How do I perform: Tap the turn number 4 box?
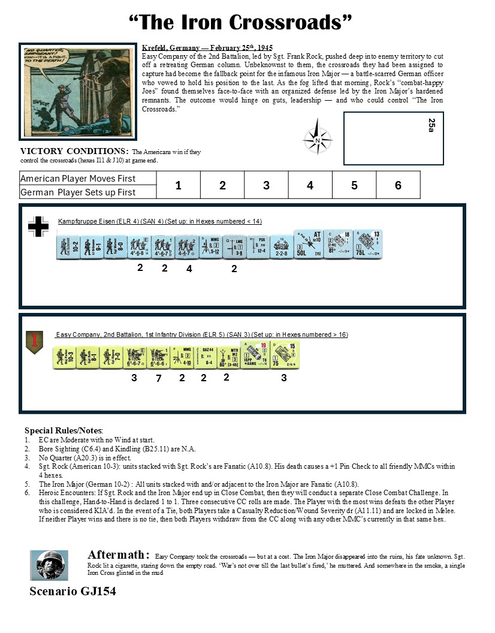[310, 185]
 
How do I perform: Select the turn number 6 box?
[398, 185]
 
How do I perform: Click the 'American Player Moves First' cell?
[78, 179]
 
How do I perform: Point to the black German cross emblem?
[39, 226]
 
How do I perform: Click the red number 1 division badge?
[34, 342]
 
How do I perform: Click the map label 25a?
[431, 125]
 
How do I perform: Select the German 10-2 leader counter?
[67, 246]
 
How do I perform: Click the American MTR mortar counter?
[228, 357]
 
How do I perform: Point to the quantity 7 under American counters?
[158, 378]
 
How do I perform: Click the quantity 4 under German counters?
[189, 269]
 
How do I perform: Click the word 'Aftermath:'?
[116, 554]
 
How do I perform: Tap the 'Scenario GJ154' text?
[73, 592]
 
